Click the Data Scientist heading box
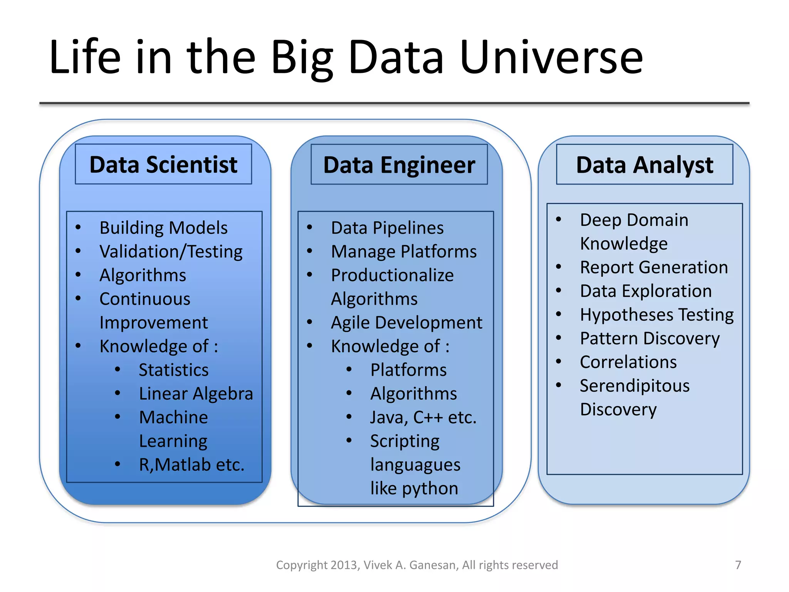163,165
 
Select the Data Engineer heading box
399,165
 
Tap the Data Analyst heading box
645,165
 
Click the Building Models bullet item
163,228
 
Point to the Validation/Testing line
171,252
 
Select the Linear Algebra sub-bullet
196,394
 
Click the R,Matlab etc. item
191,464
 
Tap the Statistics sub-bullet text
173,370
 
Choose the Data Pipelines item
387,228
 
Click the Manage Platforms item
404,252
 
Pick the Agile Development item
406,323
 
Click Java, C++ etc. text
423,417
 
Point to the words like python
414,488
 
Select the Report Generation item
654,267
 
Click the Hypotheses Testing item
656,315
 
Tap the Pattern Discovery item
650,338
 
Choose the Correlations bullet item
628,362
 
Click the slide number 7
738,565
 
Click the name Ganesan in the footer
433,565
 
